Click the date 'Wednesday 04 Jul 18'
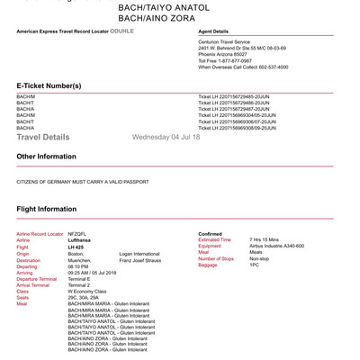click(x=166, y=138)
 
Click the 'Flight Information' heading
click(x=47, y=209)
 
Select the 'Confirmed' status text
click(x=210, y=233)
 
